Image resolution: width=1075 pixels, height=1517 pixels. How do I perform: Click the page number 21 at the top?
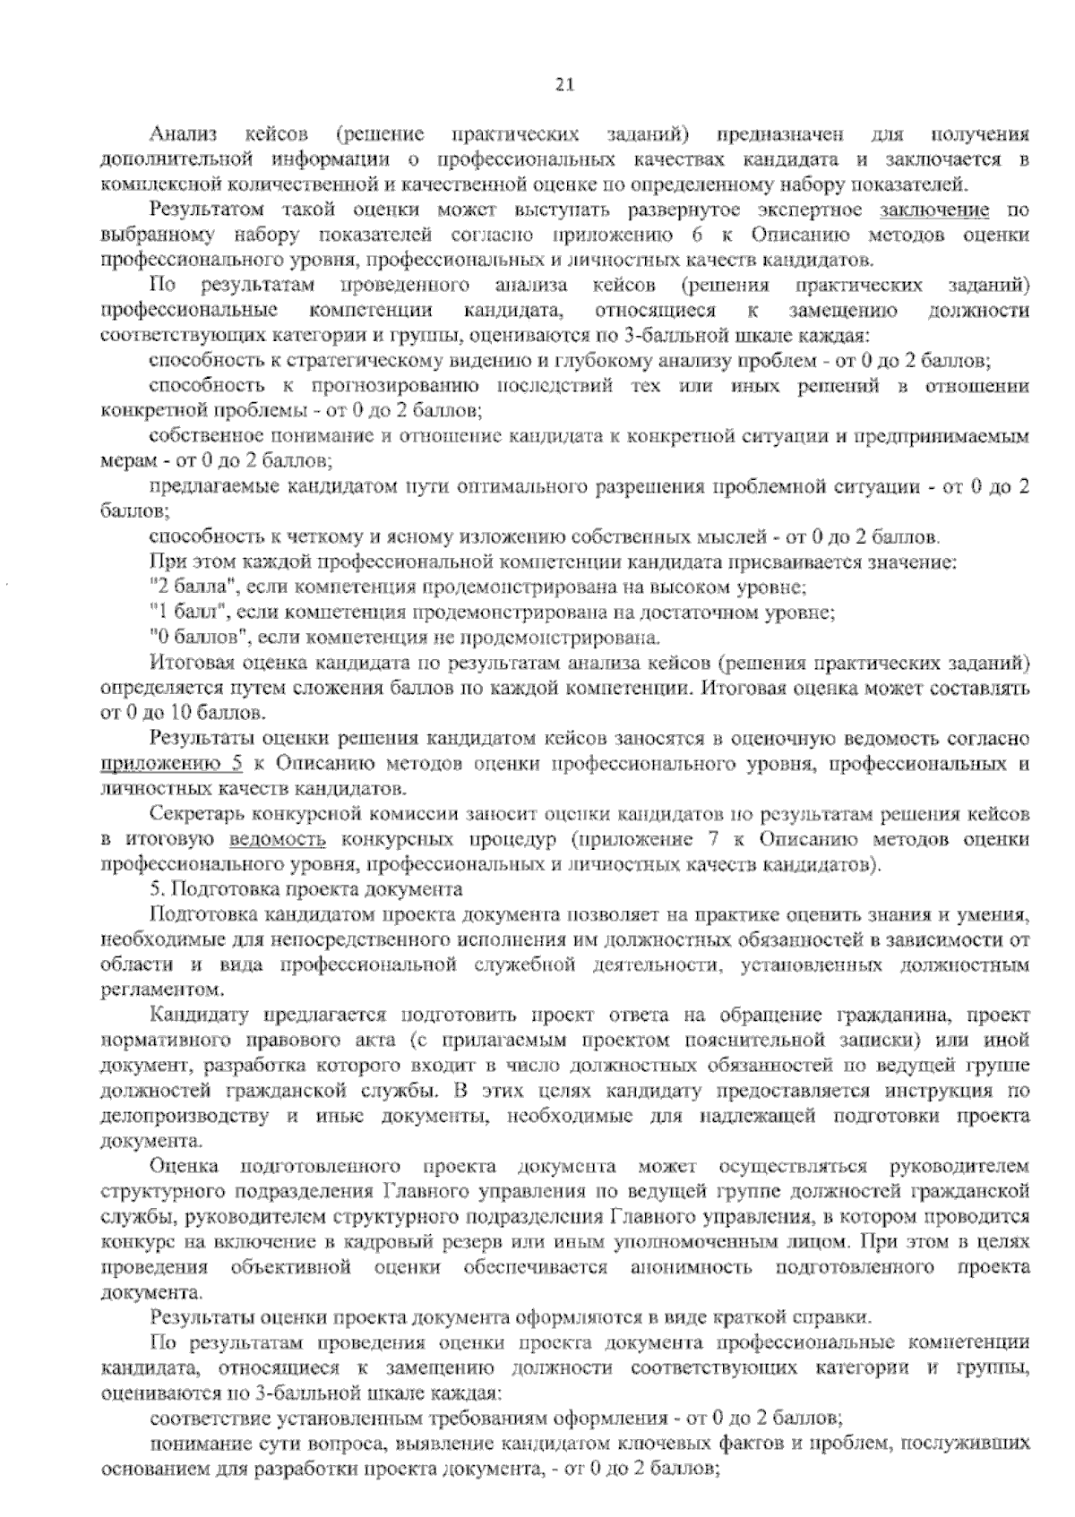(x=563, y=85)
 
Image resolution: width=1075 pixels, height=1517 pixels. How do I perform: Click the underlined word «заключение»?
(x=936, y=211)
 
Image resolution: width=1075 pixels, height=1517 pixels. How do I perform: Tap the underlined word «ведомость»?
(x=278, y=841)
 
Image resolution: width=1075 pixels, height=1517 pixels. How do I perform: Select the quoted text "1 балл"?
(x=180, y=613)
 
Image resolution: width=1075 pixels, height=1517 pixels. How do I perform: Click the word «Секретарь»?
(x=195, y=816)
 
